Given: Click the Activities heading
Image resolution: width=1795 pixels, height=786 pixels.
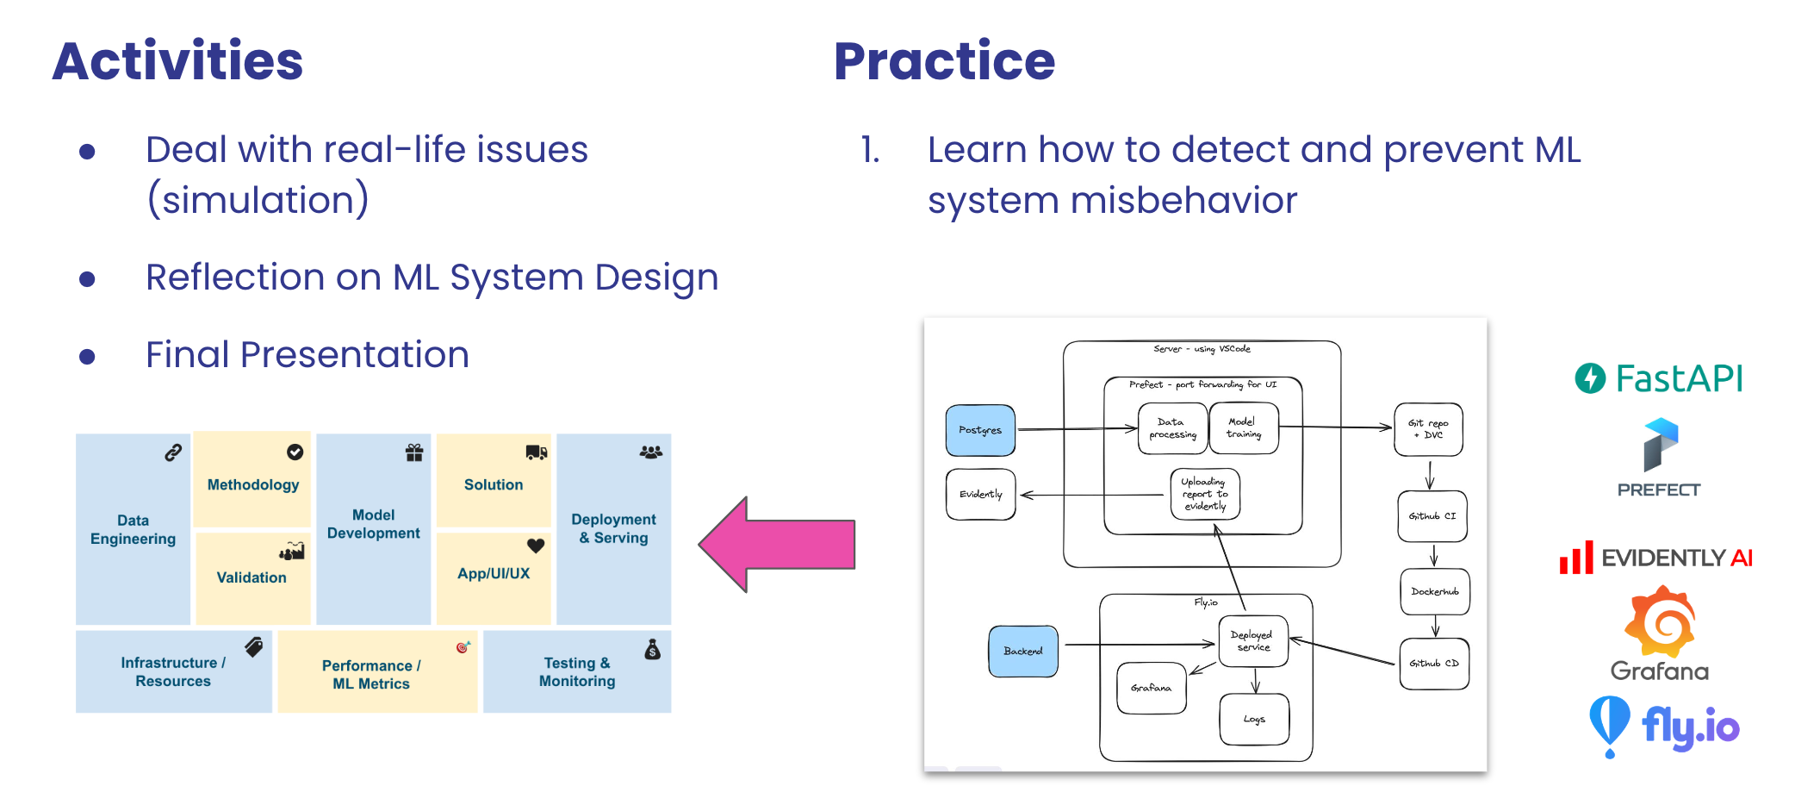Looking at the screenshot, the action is [177, 61].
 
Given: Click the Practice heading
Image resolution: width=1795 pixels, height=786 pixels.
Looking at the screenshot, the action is [944, 61].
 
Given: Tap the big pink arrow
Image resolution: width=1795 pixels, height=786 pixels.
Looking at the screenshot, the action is [777, 545].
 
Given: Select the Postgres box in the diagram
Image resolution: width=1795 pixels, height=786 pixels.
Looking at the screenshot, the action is [980, 430].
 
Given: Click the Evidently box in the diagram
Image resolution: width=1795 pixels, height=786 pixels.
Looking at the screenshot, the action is [980, 494].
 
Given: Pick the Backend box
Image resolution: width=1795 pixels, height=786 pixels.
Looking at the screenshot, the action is [1023, 651].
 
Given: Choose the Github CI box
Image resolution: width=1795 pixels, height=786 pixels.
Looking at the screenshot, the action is [1432, 515].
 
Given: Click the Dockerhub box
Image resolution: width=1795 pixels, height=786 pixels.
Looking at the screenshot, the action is [1435, 591].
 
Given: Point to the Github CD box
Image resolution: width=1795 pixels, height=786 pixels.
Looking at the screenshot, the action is [1434, 664].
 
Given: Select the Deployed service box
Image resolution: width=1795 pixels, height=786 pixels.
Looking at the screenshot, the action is [1253, 641].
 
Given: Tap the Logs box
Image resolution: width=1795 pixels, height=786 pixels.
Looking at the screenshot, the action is [1254, 719].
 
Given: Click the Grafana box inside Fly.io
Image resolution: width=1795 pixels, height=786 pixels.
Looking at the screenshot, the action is [1152, 688].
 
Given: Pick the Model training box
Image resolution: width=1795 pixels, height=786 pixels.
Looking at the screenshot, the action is [1244, 428].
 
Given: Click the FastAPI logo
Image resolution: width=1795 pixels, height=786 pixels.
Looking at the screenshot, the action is [1659, 378].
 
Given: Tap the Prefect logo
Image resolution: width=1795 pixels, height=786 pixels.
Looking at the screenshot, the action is [1659, 458].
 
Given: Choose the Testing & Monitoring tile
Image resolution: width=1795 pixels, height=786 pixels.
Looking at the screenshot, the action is [577, 671].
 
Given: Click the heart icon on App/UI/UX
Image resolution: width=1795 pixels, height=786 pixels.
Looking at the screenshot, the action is [536, 546].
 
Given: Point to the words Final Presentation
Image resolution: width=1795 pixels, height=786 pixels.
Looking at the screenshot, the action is [307, 354].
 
